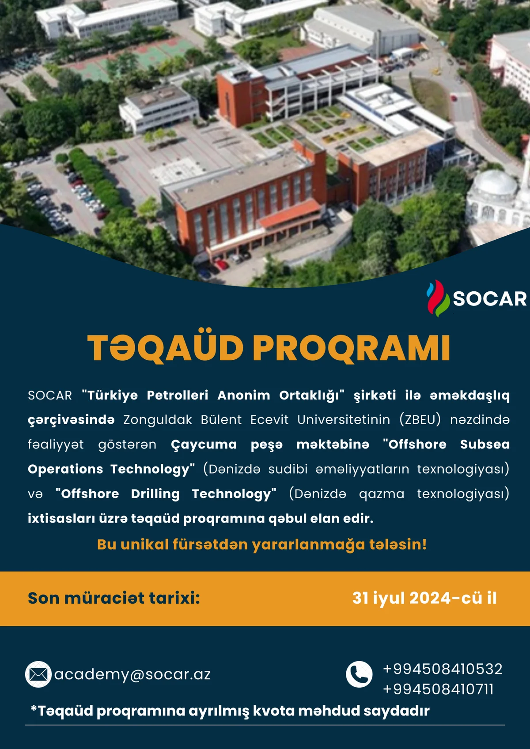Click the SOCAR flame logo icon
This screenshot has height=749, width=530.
(x=438, y=298)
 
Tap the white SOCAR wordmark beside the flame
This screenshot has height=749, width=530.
(x=490, y=299)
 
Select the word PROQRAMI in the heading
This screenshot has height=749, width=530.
(x=351, y=348)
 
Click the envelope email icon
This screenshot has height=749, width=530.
(x=38, y=674)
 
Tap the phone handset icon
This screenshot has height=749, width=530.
(x=359, y=674)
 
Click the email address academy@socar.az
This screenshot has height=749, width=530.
(x=132, y=674)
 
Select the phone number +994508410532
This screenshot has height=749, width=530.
(x=443, y=669)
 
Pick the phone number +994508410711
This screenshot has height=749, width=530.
(x=438, y=689)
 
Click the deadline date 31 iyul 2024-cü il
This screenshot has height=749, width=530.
(x=424, y=598)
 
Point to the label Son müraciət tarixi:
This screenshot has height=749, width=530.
(x=114, y=598)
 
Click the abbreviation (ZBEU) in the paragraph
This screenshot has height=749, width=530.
(x=420, y=420)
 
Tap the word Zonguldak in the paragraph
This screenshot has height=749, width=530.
(x=158, y=420)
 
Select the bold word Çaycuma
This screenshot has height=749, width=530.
(x=204, y=445)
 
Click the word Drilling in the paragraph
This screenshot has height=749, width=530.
(x=155, y=494)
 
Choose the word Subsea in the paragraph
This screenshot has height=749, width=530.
(x=485, y=444)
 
